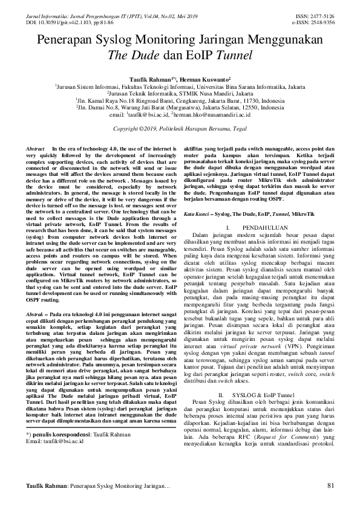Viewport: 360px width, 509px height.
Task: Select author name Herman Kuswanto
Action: coord(201,79)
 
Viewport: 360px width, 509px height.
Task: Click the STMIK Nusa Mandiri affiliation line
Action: coord(180,94)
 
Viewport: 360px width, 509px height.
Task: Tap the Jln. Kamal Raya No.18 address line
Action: coord(180,100)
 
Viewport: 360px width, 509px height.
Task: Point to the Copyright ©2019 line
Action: coord(180,129)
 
